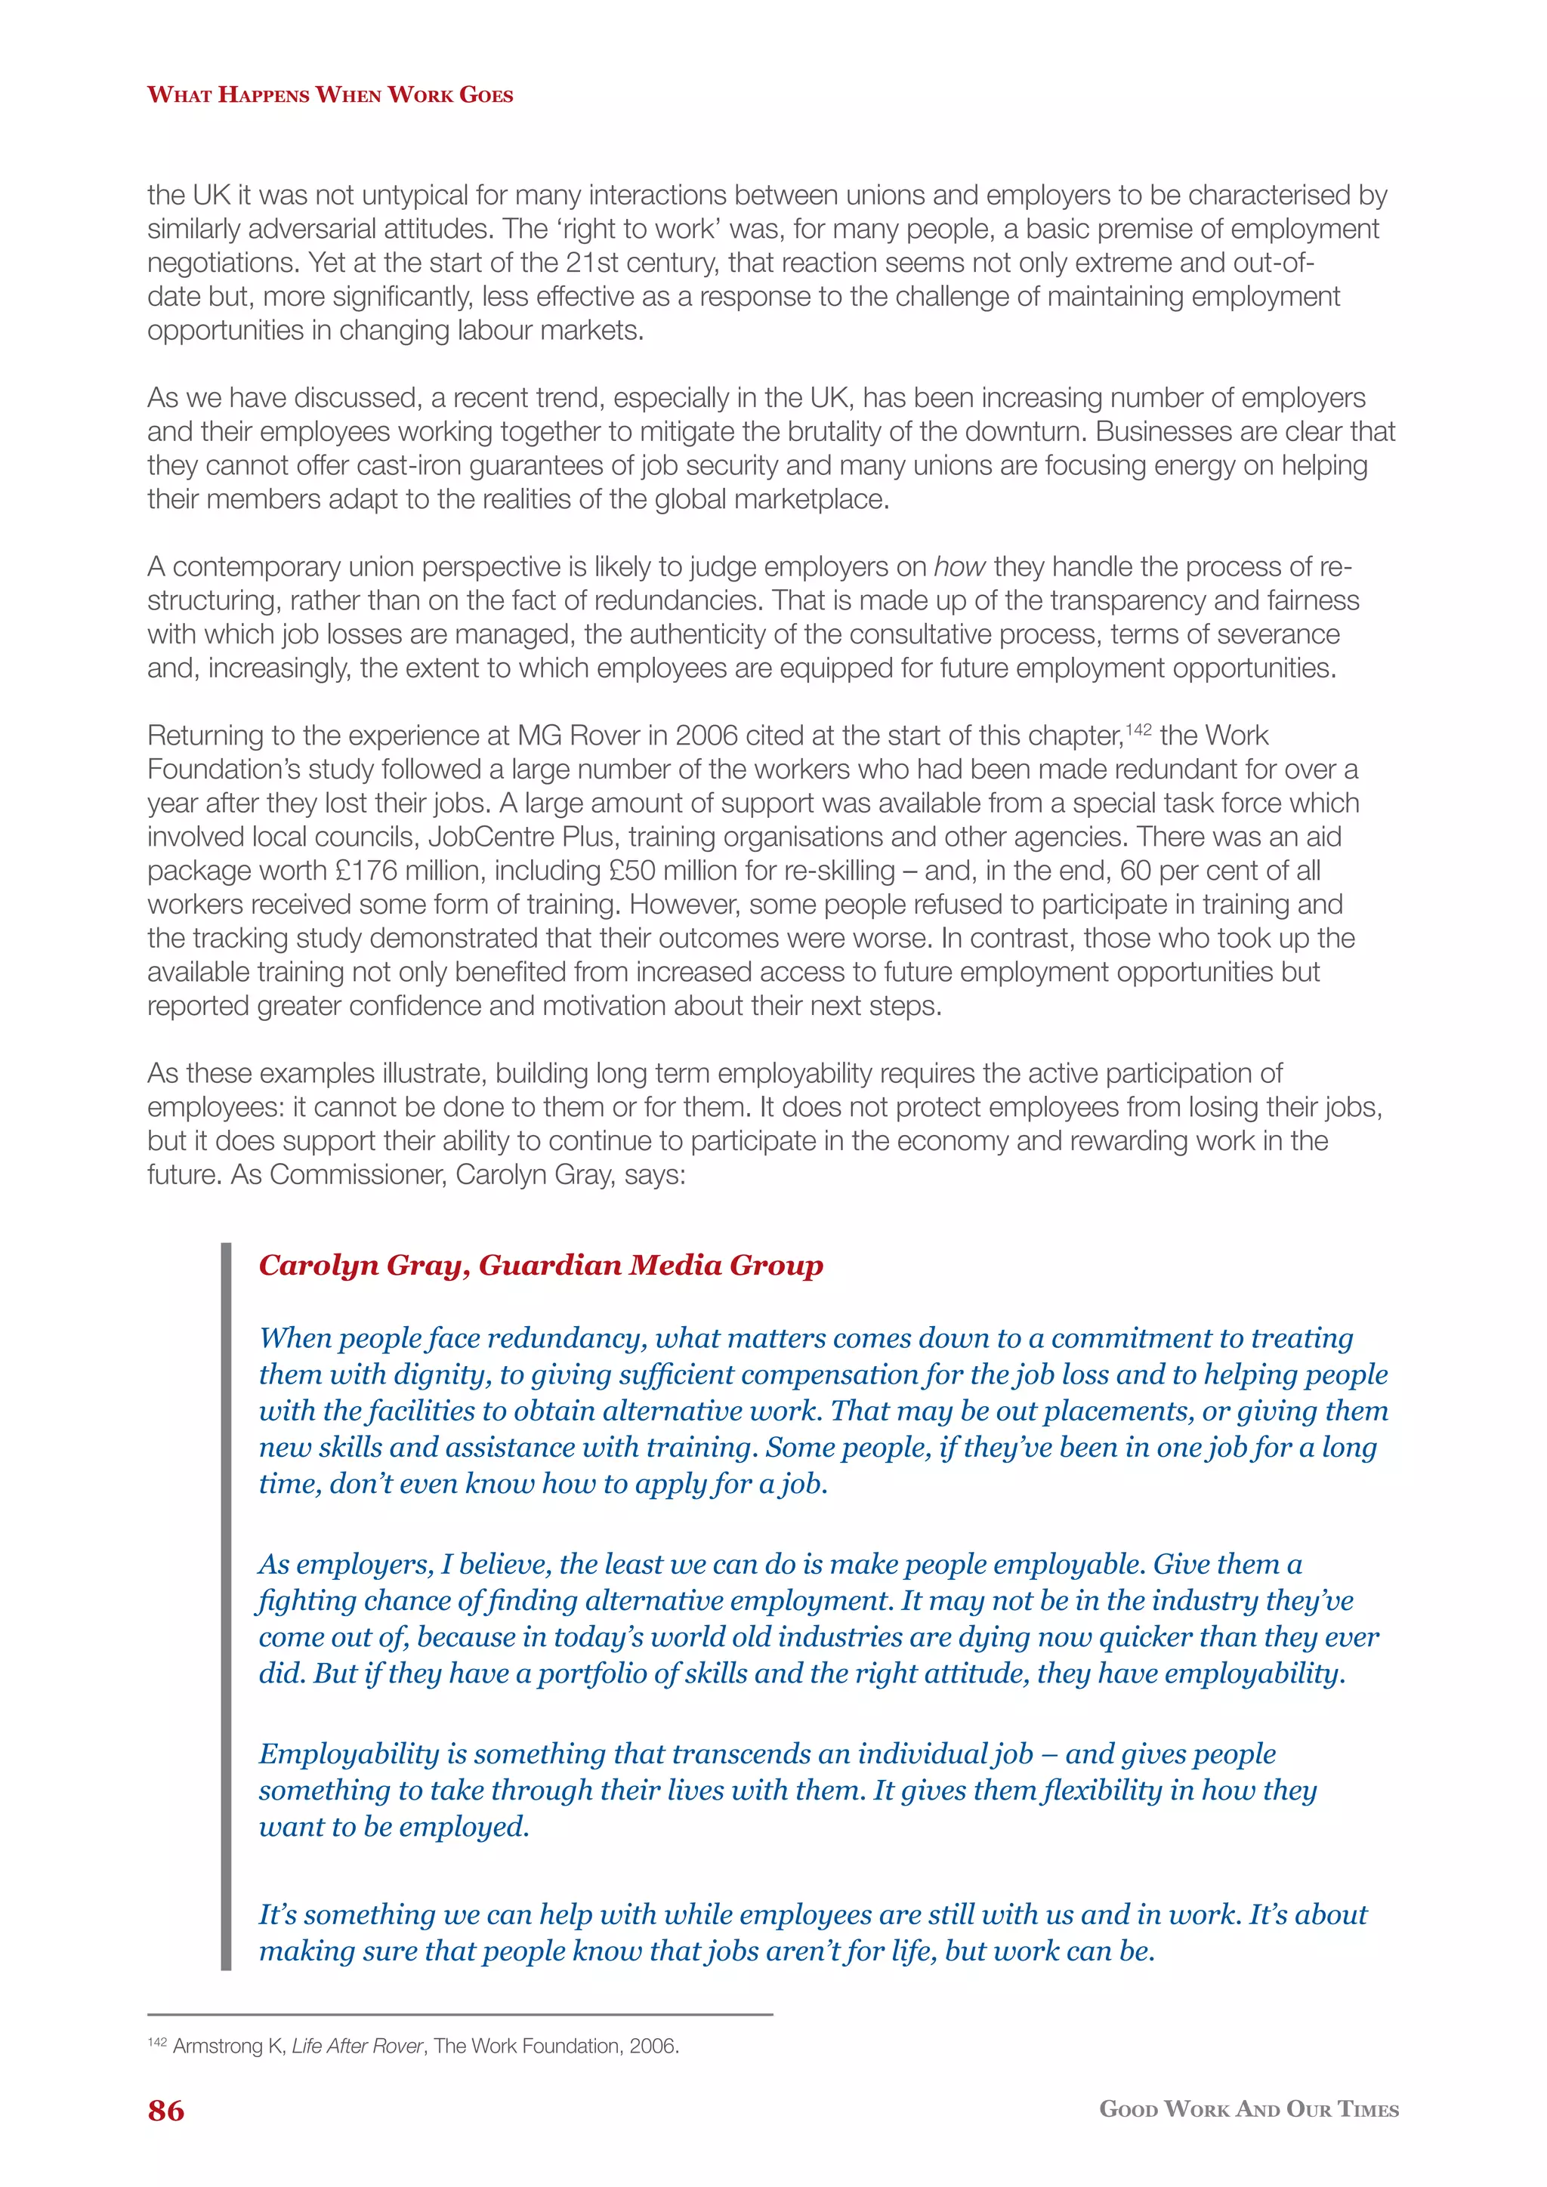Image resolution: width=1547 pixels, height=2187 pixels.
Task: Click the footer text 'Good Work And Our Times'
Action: pos(1249,2109)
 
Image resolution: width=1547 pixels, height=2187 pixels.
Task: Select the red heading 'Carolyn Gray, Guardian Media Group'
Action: pos(540,1265)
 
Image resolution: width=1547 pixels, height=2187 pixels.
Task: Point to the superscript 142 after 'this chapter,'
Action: pos(1138,730)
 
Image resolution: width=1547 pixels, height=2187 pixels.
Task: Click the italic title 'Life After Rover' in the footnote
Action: pos(357,2046)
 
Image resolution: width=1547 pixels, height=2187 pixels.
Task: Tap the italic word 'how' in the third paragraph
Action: pos(959,566)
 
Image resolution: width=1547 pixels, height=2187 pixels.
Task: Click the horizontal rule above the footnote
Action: pos(459,2015)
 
